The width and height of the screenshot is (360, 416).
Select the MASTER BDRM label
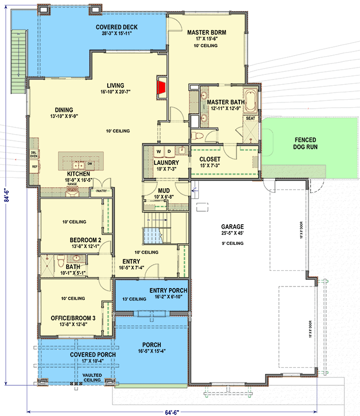click(x=207, y=32)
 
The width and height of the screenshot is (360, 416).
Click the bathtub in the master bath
click(x=252, y=102)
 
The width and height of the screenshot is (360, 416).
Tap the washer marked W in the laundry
click(x=158, y=151)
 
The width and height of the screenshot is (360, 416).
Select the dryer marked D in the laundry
click(x=169, y=151)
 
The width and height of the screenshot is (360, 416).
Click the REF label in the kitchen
click(x=35, y=167)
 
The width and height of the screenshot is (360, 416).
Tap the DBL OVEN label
click(x=34, y=154)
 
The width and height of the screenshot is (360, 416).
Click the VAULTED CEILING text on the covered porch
click(x=91, y=378)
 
